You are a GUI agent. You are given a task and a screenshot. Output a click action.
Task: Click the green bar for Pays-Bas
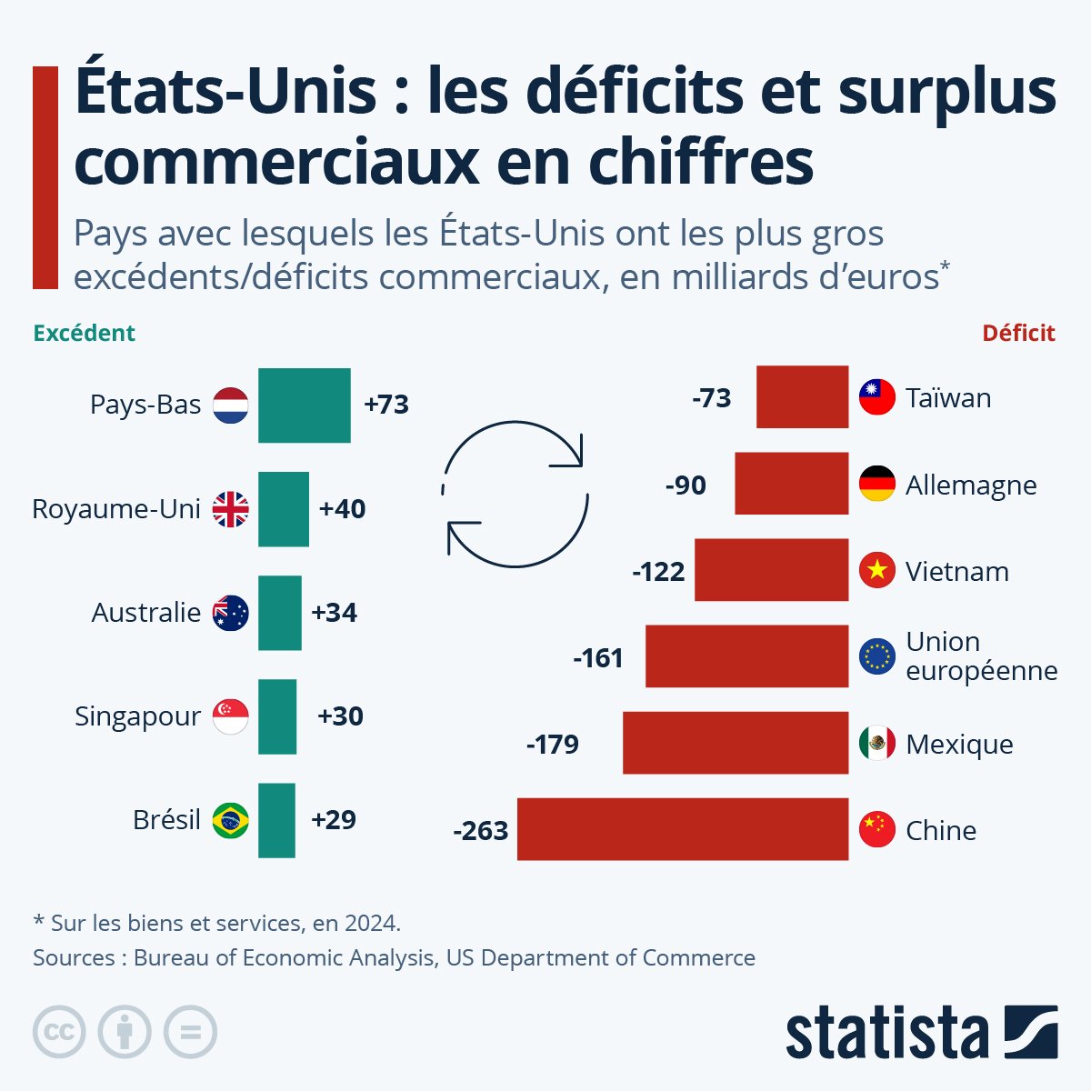tap(304, 405)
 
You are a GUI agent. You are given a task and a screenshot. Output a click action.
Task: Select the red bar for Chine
tap(682, 829)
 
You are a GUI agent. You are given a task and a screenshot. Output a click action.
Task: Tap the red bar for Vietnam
tap(771, 570)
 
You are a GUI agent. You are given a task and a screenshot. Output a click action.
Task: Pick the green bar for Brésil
tap(276, 820)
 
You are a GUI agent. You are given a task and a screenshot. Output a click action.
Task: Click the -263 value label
tap(481, 831)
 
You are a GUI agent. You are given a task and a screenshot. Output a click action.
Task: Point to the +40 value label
tap(342, 509)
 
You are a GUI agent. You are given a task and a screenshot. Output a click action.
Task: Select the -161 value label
tap(598, 657)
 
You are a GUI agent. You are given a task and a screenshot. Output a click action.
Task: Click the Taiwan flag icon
tap(877, 398)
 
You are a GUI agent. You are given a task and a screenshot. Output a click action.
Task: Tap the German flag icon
tap(877, 485)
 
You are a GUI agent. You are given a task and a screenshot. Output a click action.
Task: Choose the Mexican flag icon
tap(877, 744)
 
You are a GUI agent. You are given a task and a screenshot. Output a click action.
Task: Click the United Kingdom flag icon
tap(230, 509)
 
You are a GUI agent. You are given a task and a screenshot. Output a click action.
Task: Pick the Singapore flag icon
tap(230, 716)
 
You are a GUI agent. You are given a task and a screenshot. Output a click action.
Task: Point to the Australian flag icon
tap(230, 613)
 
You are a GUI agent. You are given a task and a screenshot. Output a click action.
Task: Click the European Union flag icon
tap(877, 656)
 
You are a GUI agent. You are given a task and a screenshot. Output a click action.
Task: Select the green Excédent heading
tap(84, 334)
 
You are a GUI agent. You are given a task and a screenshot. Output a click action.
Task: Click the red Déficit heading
tap(1018, 334)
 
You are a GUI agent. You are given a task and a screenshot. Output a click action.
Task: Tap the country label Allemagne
tap(971, 485)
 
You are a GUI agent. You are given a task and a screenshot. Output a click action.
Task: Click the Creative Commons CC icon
tap(59, 1032)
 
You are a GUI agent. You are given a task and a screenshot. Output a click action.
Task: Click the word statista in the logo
tap(887, 1033)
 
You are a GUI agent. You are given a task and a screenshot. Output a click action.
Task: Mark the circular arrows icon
tap(515, 494)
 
